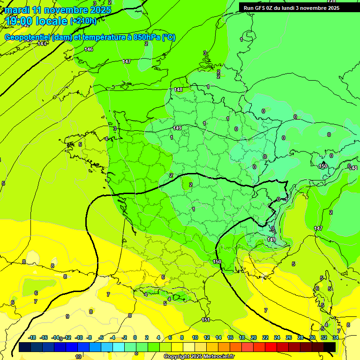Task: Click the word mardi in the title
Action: pos(17,10)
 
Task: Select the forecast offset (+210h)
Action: pos(83,21)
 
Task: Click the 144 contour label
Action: pos(42,44)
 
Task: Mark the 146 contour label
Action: pos(89,49)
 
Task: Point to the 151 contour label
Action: pos(206,320)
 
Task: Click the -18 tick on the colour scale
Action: pos(32,337)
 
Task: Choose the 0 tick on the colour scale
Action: pos(135,337)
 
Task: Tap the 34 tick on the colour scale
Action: pos(336,337)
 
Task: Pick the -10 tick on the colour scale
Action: pos(79,337)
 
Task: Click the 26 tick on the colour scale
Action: pos(288,337)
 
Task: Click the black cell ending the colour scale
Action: pos(330,347)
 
